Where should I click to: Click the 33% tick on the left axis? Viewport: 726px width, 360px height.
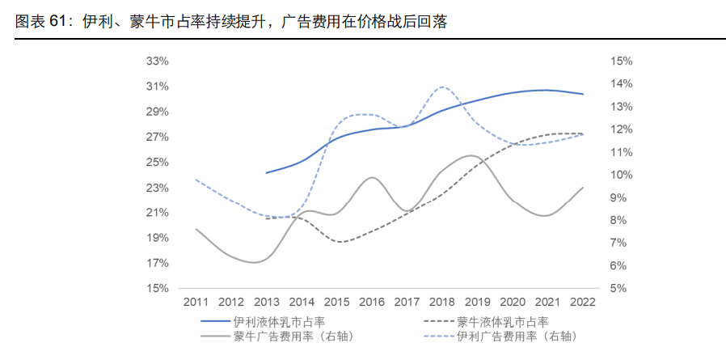[157, 61]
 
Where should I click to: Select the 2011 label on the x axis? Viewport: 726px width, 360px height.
[196, 303]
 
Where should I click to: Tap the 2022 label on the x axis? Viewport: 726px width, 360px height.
[582, 303]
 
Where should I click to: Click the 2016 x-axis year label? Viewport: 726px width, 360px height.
[371, 303]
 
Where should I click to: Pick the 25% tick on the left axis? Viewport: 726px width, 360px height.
[157, 163]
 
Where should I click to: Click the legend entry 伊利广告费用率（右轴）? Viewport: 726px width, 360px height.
[517, 336]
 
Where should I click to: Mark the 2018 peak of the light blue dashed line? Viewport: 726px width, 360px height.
[443, 87]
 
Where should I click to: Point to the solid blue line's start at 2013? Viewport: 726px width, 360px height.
[267, 172]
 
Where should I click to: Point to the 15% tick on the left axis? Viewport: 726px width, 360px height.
[157, 288]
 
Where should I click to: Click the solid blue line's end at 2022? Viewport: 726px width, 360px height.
[583, 94]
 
